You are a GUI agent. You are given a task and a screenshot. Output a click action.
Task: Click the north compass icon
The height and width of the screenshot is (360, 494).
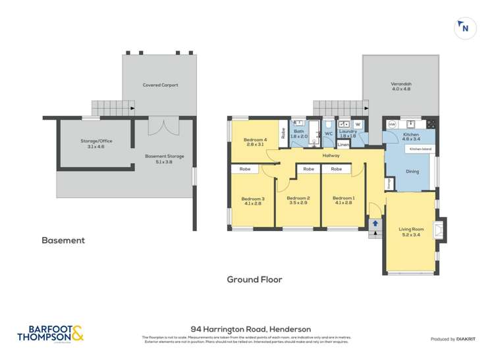coord(465,28)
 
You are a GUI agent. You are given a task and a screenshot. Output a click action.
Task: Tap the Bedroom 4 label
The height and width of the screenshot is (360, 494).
coord(255,142)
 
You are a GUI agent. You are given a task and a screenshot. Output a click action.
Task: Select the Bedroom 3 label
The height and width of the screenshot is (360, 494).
coord(252,201)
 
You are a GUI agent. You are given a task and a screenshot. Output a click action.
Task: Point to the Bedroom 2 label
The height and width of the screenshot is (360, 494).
coord(298,201)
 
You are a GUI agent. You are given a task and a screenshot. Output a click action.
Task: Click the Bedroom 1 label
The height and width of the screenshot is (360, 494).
coord(343,201)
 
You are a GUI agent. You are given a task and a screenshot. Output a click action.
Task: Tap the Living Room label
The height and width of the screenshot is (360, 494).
coord(410,231)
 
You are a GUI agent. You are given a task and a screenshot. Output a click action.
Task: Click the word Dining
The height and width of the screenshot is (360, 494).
coord(412,171)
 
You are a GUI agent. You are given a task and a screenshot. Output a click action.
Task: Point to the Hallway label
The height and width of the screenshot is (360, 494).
coord(331,155)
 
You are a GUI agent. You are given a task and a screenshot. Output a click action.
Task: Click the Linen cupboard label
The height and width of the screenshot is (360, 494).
coord(343,144)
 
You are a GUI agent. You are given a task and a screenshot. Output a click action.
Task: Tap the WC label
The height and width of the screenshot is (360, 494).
coord(328,134)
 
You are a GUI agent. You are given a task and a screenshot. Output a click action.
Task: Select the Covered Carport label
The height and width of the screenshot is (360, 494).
coord(160,85)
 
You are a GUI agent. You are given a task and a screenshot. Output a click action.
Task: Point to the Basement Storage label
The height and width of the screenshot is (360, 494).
coord(164,159)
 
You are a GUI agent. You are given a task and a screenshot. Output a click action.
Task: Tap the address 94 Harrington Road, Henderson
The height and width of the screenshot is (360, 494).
coord(250,328)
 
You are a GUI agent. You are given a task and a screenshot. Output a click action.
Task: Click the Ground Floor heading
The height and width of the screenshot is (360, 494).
coord(254,279)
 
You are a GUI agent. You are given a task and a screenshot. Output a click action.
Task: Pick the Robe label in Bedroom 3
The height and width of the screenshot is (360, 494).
coord(244,169)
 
